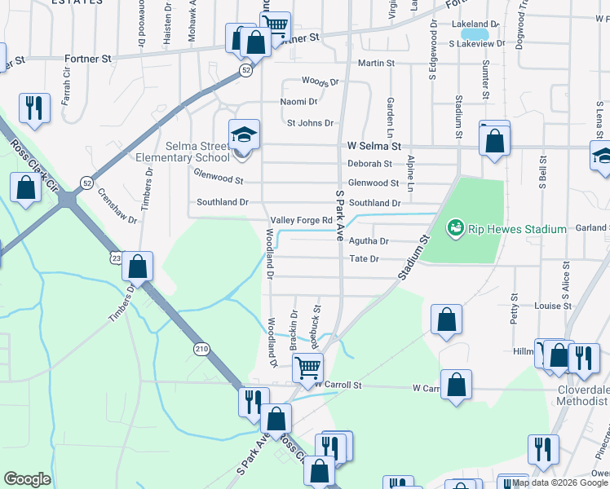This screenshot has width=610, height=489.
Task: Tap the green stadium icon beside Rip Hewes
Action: [x=455, y=229]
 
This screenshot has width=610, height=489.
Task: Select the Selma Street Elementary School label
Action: [x=197, y=152]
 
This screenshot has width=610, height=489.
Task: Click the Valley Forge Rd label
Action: [x=302, y=220]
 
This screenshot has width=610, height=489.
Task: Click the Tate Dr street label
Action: [x=364, y=259]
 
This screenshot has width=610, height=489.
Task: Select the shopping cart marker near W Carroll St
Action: [x=307, y=368]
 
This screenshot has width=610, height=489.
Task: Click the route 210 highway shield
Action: [x=201, y=349]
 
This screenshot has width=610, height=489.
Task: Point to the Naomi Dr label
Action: [x=298, y=102]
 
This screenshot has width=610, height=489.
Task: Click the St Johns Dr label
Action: [x=310, y=123]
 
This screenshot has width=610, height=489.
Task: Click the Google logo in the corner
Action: [x=27, y=479]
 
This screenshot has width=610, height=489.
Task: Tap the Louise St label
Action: [x=553, y=306]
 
